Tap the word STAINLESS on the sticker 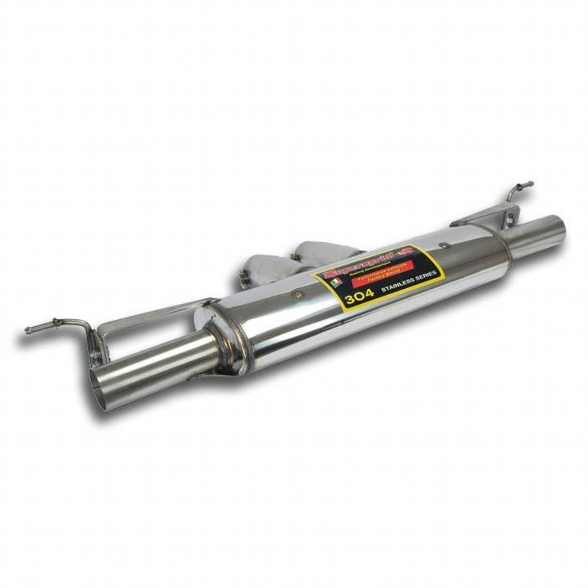coord(397,281)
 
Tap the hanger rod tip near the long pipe coord(28,330)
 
